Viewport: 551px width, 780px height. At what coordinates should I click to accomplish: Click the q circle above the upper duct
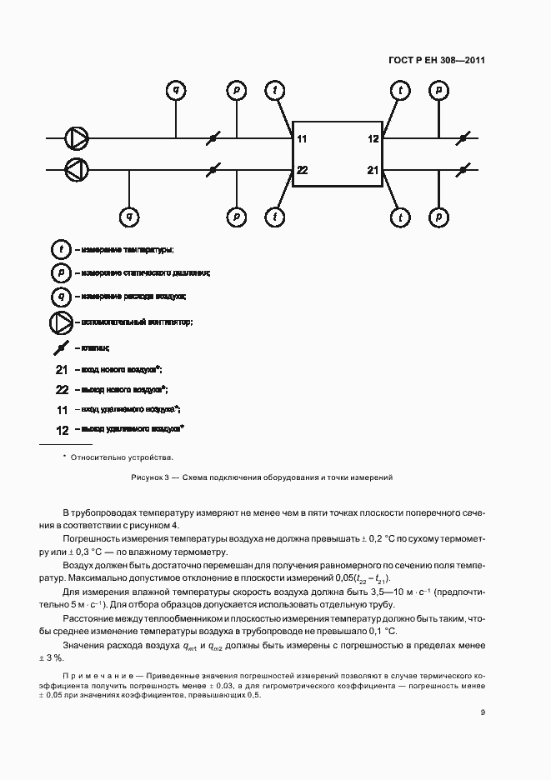(175, 90)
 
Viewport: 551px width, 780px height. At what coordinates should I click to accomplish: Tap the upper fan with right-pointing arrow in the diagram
(76, 138)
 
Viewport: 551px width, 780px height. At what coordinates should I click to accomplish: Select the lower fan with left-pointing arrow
(76, 169)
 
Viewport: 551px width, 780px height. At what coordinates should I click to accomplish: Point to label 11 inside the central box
(302, 139)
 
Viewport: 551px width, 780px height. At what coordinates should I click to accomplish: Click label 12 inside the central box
(373, 139)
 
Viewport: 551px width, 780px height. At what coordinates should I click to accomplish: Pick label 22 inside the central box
(302, 170)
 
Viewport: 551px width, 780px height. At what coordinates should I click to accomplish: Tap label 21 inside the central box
(373, 170)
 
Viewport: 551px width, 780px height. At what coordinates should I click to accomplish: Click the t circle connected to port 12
(401, 90)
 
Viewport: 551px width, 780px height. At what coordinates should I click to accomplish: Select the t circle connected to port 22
(274, 217)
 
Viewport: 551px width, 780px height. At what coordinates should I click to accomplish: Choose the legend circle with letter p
(61, 272)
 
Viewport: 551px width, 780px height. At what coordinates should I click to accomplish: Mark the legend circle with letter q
(61, 296)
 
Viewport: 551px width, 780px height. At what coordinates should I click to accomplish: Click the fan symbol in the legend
(61, 322)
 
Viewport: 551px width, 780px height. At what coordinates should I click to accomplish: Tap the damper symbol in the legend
(61, 347)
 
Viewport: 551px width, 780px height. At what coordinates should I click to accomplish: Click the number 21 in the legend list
(61, 369)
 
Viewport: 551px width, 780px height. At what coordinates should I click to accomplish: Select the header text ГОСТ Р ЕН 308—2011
(437, 61)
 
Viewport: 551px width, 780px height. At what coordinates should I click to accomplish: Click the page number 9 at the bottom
(483, 712)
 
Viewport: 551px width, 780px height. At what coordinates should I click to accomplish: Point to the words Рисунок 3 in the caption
(150, 477)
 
